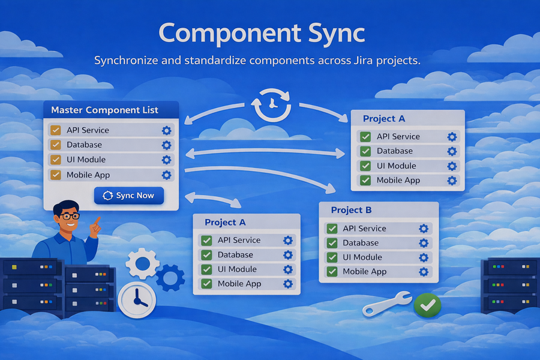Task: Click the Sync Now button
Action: point(128,196)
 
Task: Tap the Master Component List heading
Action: point(104,110)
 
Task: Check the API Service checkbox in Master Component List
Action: point(56,130)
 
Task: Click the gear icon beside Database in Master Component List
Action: point(166,145)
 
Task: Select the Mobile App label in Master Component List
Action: point(88,175)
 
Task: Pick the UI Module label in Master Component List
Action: point(86,160)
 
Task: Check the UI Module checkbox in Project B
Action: point(332,257)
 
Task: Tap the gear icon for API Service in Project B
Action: point(424,229)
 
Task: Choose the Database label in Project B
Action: point(361,243)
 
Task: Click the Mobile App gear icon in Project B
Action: point(424,272)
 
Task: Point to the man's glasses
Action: point(70,215)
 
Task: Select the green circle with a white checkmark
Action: point(427,305)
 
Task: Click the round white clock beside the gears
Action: point(137,298)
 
